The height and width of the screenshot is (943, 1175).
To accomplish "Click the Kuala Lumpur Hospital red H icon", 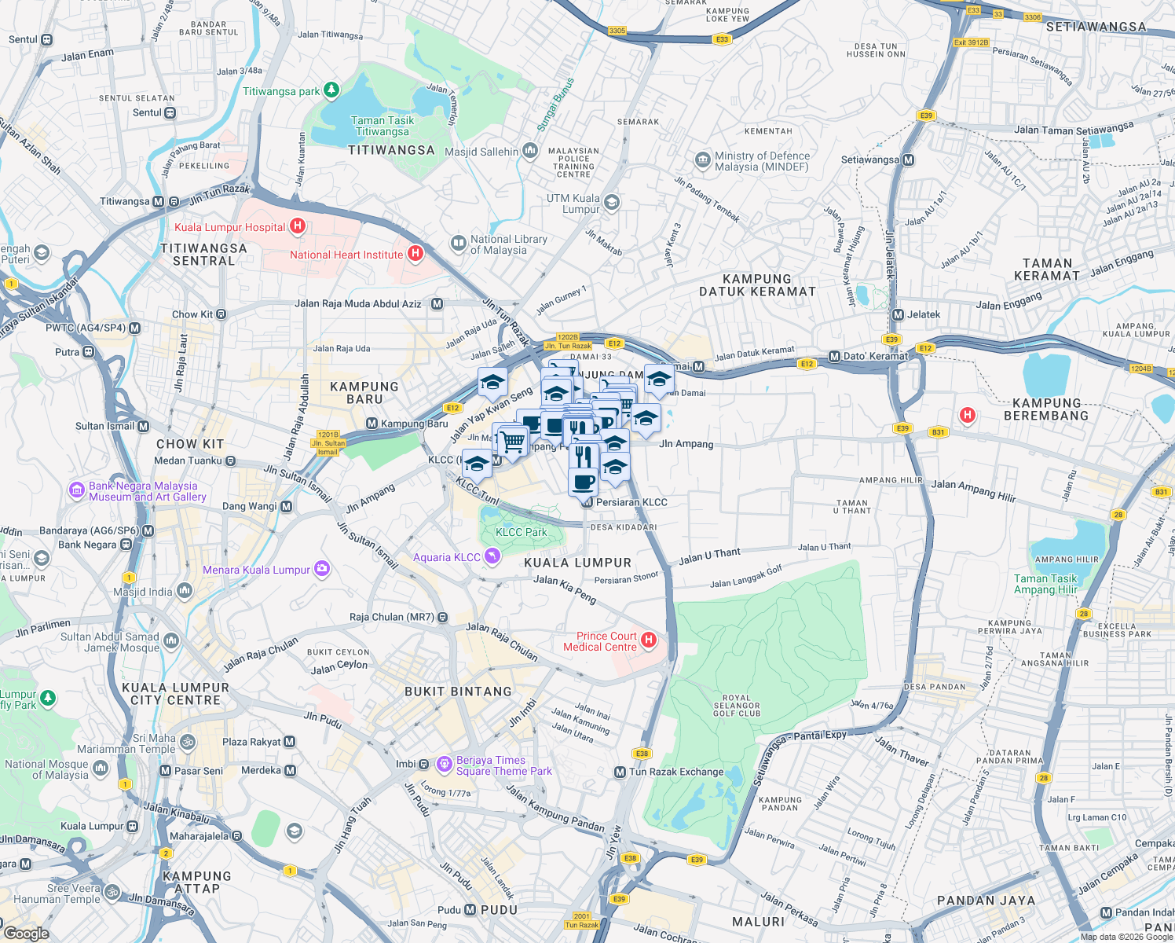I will click(x=297, y=226).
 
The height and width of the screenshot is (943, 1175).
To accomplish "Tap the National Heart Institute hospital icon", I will click(x=415, y=254).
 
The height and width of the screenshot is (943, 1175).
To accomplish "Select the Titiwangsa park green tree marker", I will click(x=331, y=90).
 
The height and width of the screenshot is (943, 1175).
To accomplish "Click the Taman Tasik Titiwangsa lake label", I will click(x=383, y=126).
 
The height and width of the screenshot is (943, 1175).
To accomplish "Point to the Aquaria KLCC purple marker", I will click(x=492, y=557).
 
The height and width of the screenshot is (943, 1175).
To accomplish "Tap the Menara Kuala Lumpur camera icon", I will click(x=321, y=569).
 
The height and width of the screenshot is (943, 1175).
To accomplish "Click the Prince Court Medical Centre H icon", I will click(x=648, y=640).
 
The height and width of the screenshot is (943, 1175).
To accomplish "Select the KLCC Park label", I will click(x=521, y=532).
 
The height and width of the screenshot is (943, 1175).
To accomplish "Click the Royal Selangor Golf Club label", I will click(x=736, y=705).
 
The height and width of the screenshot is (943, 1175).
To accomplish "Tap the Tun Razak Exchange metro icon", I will click(x=620, y=772).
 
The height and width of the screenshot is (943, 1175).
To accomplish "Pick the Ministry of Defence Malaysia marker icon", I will click(x=702, y=160).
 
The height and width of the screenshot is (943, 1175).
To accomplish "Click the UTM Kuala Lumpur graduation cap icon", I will click(x=612, y=203).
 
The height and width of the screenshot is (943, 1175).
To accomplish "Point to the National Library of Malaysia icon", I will click(x=458, y=244).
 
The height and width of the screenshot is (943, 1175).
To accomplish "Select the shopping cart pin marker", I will click(x=513, y=441).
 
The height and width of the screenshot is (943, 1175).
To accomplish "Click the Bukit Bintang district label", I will click(x=458, y=692).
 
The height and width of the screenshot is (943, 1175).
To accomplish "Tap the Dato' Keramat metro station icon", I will click(x=834, y=356).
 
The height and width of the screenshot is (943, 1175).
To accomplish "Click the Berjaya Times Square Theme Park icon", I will click(x=444, y=763).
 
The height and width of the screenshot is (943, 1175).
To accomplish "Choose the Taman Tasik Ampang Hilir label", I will click(x=1045, y=584).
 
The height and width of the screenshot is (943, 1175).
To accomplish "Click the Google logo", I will click(x=26, y=933).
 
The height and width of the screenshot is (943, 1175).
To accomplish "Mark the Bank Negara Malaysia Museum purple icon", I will click(x=76, y=491).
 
